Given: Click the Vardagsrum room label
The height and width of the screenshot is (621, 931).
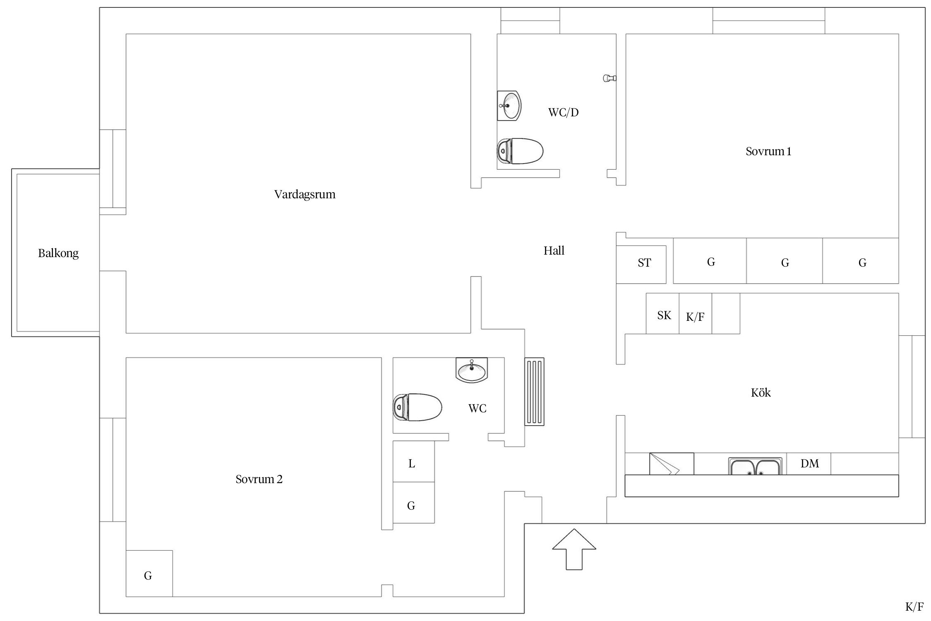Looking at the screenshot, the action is (305, 195).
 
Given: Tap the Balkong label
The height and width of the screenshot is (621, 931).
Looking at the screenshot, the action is (58, 253).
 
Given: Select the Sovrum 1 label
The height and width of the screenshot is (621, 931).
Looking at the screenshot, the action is (768, 152).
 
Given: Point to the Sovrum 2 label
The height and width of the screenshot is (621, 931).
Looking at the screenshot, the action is (259, 479).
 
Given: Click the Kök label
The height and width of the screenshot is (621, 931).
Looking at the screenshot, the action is (761, 392).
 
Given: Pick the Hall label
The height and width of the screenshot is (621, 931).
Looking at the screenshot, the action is (554, 250).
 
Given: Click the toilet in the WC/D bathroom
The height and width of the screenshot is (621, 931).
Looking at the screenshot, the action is (520, 151).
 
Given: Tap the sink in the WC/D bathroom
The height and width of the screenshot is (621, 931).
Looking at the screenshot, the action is (509, 106).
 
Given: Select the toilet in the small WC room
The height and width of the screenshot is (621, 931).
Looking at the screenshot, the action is (417, 407).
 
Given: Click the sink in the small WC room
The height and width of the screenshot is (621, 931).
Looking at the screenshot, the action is (472, 369).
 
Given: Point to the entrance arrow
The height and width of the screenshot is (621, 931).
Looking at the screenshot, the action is (574, 549).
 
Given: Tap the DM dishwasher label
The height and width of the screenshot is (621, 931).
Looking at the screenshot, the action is (810, 464).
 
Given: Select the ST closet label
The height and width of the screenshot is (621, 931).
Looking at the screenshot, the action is (644, 263).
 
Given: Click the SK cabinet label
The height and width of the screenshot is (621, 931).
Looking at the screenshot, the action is (664, 315).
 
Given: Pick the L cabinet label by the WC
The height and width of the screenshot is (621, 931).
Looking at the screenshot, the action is (412, 464).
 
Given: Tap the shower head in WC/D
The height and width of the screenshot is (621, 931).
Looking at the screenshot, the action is (609, 78).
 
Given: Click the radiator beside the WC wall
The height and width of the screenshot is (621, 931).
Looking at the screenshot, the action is (535, 392).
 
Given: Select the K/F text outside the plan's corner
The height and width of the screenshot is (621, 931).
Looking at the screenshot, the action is (914, 607).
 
